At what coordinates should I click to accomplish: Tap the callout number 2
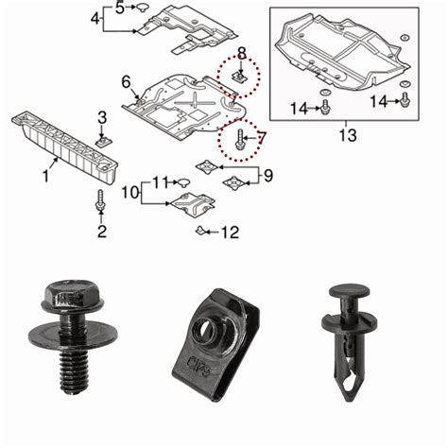tap(101, 231)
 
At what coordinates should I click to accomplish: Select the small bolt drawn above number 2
tap(101, 202)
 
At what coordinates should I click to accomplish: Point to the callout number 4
tap(95, 19)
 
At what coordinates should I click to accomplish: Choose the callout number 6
tap(125, 81)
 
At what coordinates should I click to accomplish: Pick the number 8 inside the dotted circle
tap(241, 52)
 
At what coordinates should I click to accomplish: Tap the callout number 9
tap(267, 174)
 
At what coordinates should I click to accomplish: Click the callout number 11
tap(160, 181)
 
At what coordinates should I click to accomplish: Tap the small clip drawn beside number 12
tap(201, 230)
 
